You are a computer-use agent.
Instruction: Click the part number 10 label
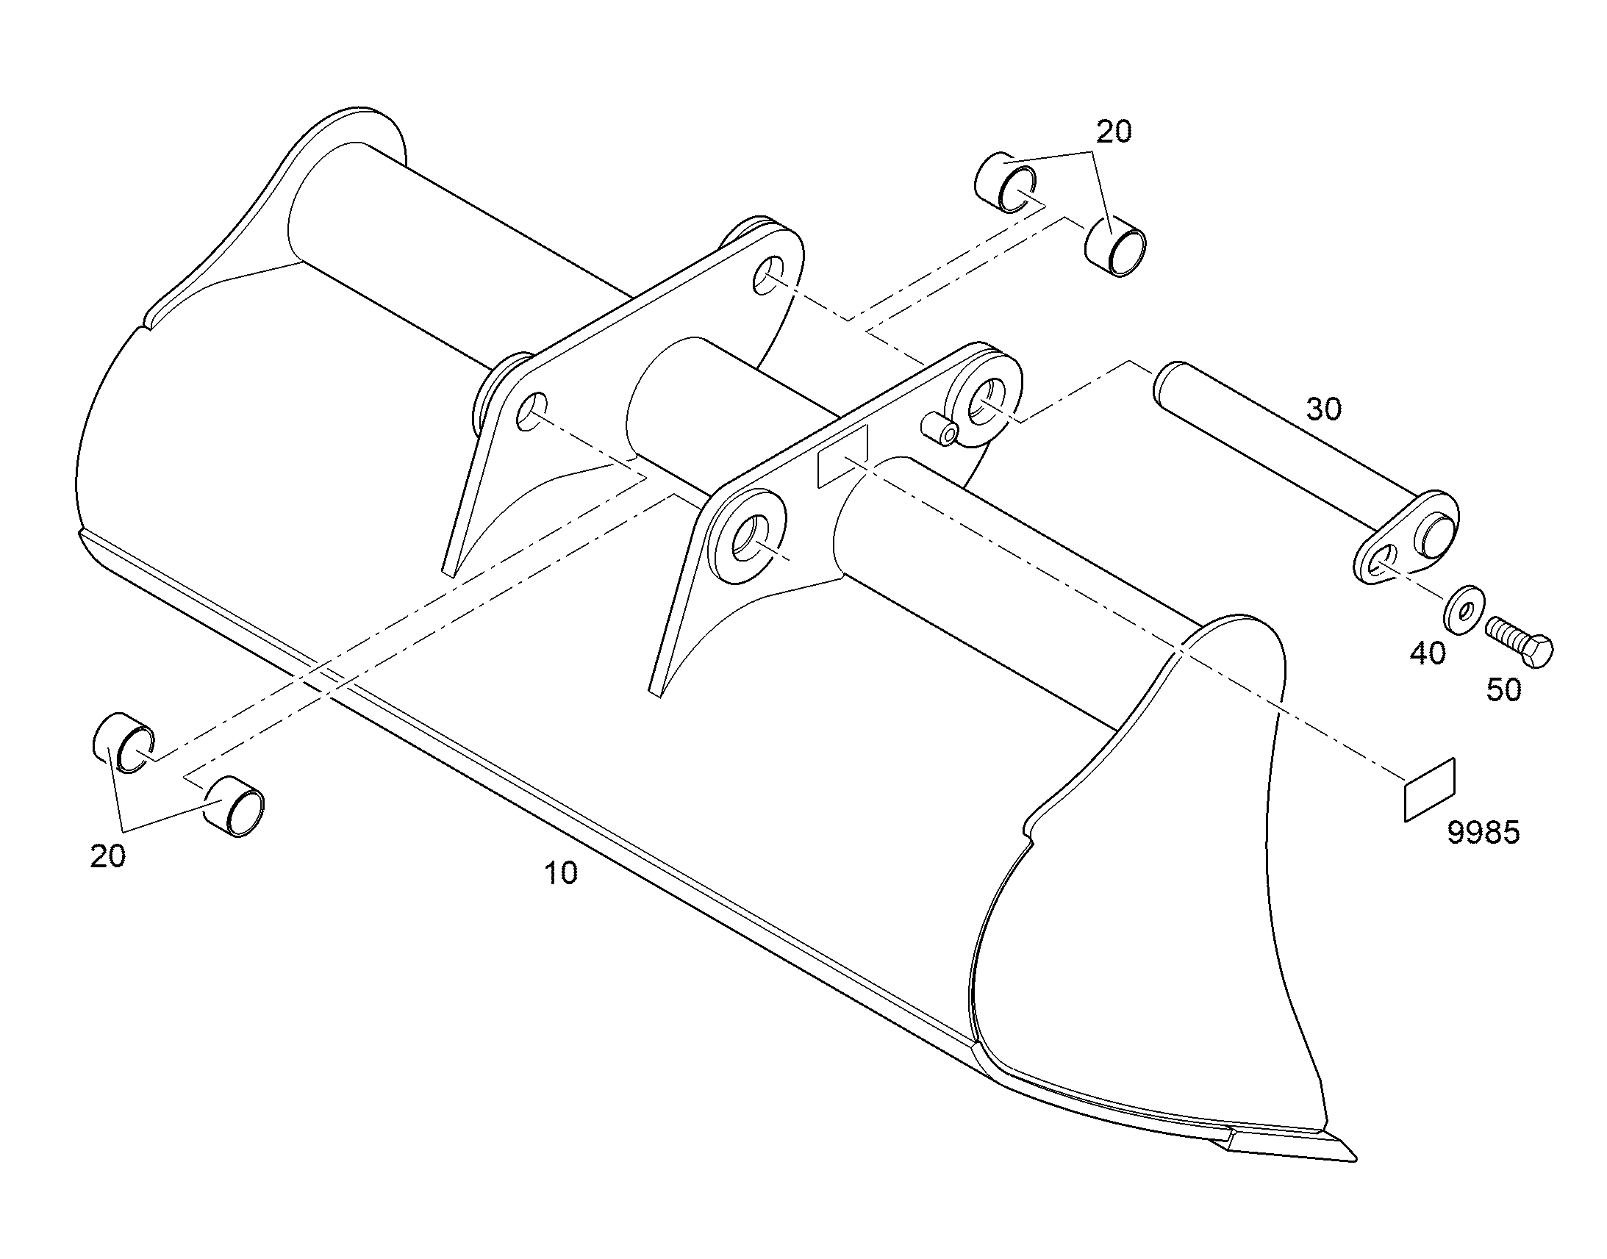pos(561,873)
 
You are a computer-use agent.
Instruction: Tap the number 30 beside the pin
pos(1324,409)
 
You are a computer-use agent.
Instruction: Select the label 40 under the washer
pos(1428,653)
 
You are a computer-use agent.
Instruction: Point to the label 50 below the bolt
pos(1504,690)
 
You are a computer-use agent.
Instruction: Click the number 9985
pos(1484,833)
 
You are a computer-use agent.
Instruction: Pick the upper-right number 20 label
pos(1114,132)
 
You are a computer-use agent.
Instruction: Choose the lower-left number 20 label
pos(107,856)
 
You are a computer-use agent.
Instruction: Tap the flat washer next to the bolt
pos(1463,609)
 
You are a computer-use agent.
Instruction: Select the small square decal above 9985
pos(1428,789)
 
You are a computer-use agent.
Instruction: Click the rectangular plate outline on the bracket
pos(843,457)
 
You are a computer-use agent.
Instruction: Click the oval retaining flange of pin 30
pos(1405,537)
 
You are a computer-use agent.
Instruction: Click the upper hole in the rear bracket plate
pos(767,274)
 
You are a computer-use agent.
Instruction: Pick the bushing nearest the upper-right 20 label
pos(1114,246)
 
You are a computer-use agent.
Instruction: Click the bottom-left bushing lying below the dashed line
pos(233,807)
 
